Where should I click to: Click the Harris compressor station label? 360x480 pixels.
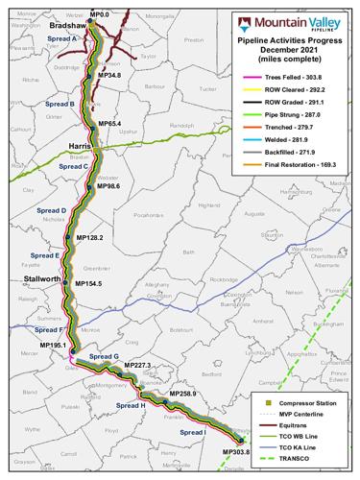tap(81, 145)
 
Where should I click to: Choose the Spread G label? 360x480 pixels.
tap(104, 356)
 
